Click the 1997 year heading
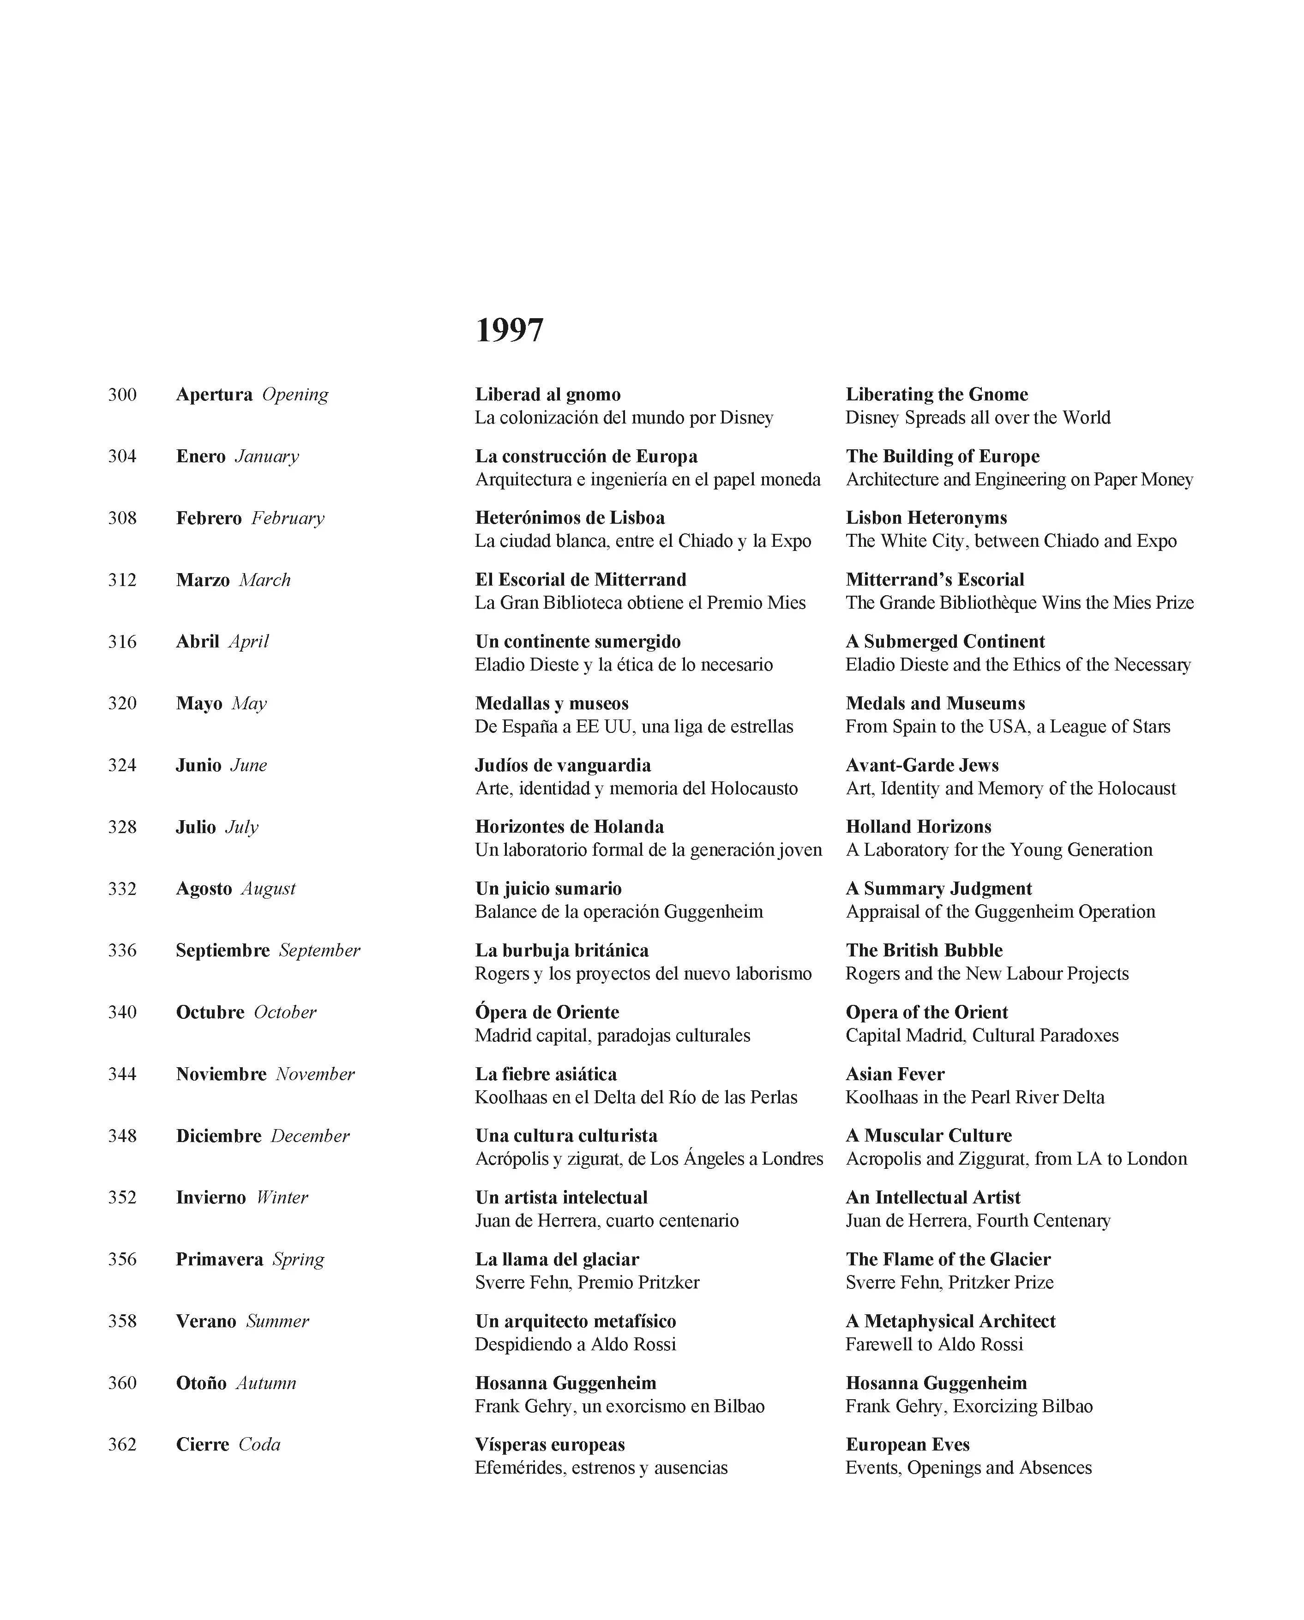[x=509, y=331]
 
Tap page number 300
[x=122, y=394]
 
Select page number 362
[x=122, y=1444]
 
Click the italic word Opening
[x=294, y=394]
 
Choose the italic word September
[x=319, y=950]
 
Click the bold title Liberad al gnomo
[x=547, y=394]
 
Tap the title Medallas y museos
[x=551, y=703]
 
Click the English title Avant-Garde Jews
[x=922, y=765]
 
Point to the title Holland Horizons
[x=918, y=827]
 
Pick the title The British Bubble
[x=924, y=950]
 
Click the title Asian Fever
[x=895, y=1074]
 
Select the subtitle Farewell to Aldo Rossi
[x=934, y=1344]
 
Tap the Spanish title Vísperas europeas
[x=550, y=1444]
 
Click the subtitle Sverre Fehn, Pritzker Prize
[x=949, y=1282]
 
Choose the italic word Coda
[x=259, y=1444]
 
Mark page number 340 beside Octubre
[x=122, y=1012]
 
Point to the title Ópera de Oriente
[x=547, y=1012]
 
